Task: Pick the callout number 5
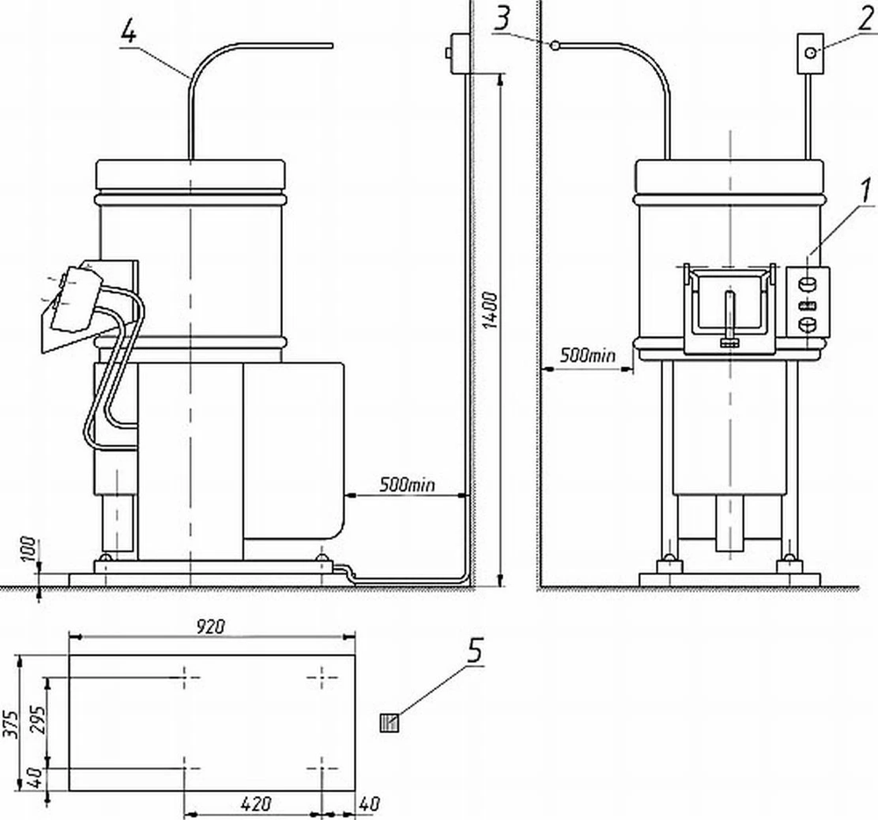pos(475,651)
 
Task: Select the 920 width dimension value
pos(212,625)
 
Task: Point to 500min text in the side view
pos(407,484)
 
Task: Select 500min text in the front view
pos(587,356)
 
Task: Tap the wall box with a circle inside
pos(809,52)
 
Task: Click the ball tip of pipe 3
pos(555,45)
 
